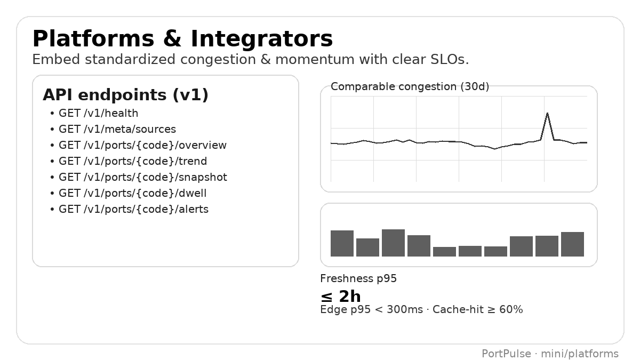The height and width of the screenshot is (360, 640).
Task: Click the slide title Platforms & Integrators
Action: click(182, 39)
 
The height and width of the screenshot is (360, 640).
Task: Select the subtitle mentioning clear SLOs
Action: click(250, 60)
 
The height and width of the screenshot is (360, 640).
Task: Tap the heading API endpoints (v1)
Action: click(125, 95)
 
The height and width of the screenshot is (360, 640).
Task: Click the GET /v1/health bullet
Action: click(98, 113)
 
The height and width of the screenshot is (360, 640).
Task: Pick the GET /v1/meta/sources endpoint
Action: click(117, 129)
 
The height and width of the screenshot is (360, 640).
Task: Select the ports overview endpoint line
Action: click(142, 145)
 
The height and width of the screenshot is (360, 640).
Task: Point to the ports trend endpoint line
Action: click(133, 161)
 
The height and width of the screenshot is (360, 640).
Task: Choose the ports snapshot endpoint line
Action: click(142, 177)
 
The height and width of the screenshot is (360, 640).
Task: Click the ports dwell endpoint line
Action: click(132, 193)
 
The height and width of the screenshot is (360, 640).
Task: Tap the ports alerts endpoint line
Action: click(133, 209)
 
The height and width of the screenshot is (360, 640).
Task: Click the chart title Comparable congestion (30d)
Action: click(410, 86)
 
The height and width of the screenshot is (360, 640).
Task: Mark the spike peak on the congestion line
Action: click(547, 114)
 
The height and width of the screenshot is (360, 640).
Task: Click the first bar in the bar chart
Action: click(342, 244)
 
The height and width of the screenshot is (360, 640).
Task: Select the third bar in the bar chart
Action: click(393, 243)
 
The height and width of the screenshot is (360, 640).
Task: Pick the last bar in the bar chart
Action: click(572, 244)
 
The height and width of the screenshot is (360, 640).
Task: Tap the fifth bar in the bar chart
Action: click(444, 252)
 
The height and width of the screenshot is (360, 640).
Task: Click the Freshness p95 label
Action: click(358, 278)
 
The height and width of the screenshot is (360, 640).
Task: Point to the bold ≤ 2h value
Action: click(340, 297)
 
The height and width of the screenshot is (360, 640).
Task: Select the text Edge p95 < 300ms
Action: click(371, 310)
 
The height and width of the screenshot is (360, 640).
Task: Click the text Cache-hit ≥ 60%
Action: click(478, 310)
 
